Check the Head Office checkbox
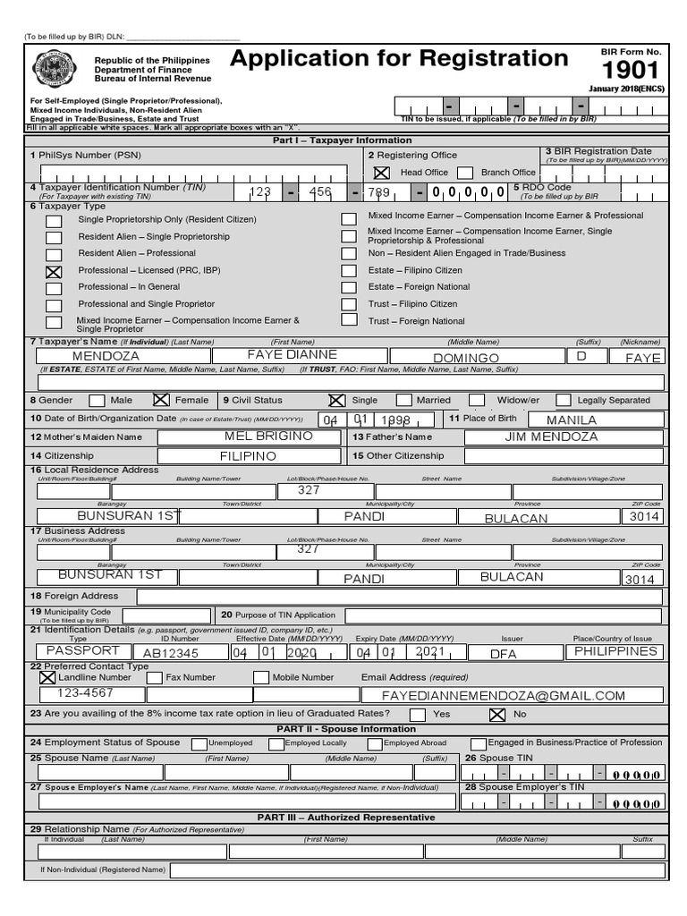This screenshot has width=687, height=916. (382, 173)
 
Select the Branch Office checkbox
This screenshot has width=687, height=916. (464, 173)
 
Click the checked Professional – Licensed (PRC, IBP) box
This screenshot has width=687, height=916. (54, 271)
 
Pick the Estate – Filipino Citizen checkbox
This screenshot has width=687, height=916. (349, 271)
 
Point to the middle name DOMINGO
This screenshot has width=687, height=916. (466, 358)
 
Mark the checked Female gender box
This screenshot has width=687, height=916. (161, 401)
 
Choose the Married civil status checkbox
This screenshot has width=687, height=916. (404, 401)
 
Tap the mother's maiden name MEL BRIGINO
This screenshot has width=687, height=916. (268, 437)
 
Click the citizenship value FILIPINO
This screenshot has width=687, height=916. (248, 456)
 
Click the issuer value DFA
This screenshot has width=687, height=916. (504, 654)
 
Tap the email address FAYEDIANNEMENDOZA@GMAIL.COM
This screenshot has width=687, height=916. (504, 695)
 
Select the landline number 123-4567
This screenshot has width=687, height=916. (85, 693)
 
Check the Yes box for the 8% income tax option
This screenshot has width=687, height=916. (417, 715)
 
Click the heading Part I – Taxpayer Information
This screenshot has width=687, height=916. (343, 140)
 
